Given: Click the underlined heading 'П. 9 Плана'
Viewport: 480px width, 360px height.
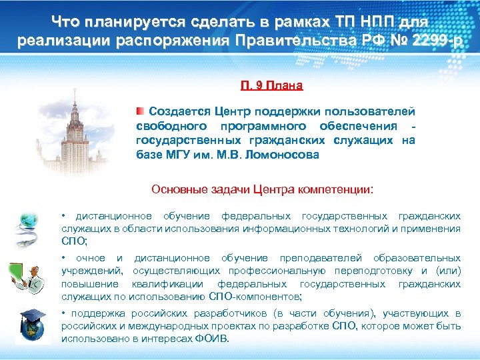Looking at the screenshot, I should [x=271, y=85].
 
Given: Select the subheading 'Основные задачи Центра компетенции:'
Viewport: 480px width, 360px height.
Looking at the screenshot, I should [x=263, y=189].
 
